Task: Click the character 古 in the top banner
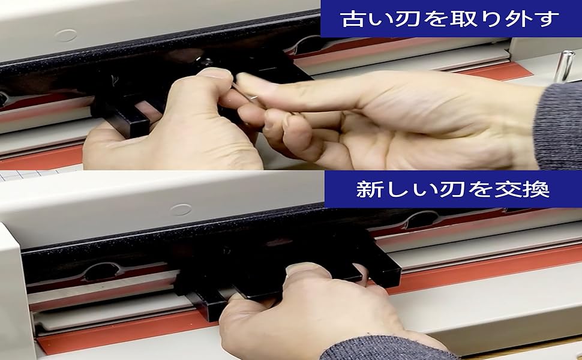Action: (351, 19)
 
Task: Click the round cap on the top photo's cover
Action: (65, 35)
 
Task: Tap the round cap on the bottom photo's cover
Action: (180, 210)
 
